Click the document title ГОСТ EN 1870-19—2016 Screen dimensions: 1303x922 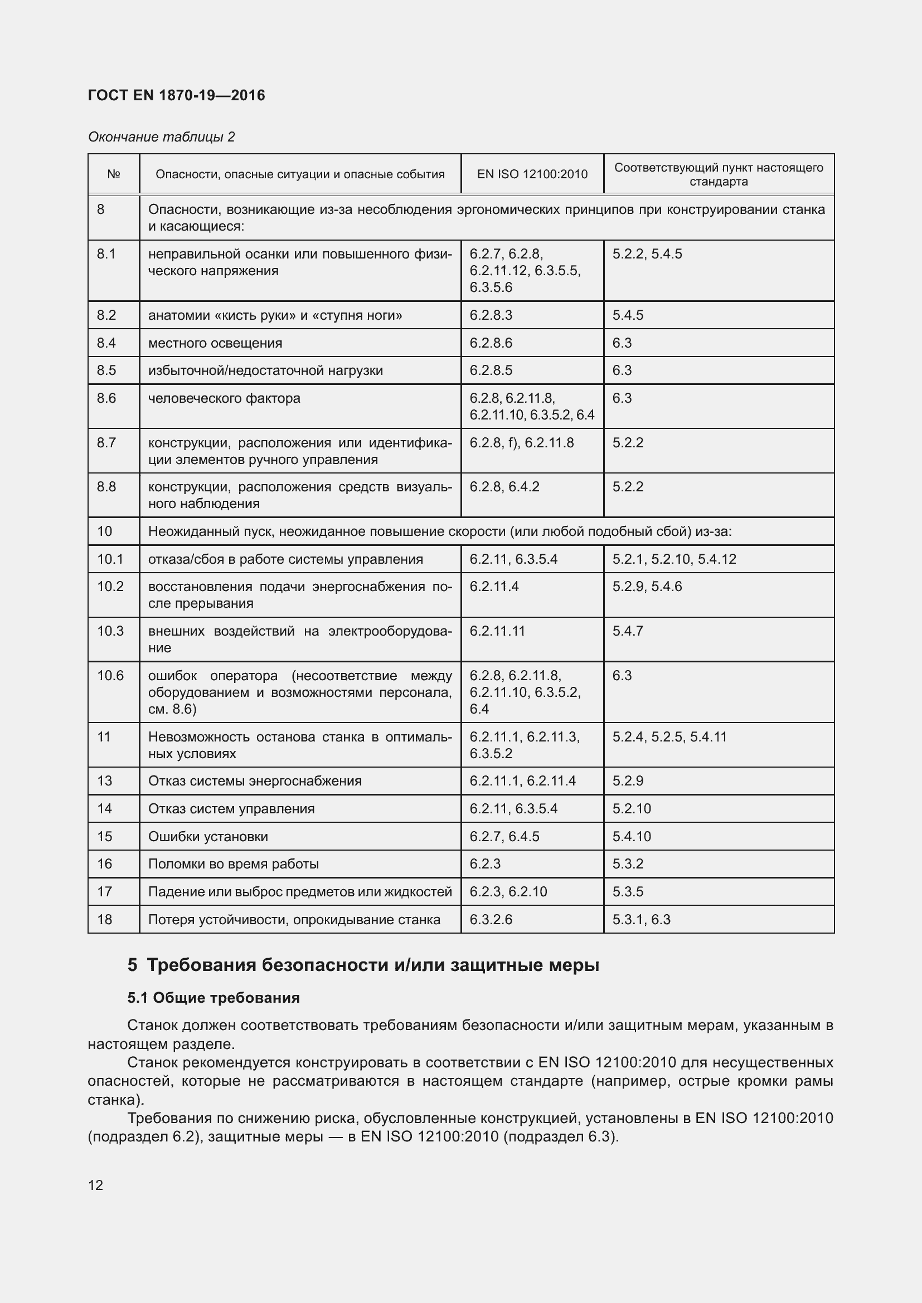pyautogui.click(x=177, y=95)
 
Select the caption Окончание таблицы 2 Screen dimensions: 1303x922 pyautogui.click(x=161, y=137)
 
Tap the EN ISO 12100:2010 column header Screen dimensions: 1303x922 pyautogui.click(x=532, y=174)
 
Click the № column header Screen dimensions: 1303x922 pyautogui.click(x=114, y=174)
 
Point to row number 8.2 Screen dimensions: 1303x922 pyautogui.click(x=106, y=315)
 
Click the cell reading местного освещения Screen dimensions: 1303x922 pyautogui.click(x=215, y=343)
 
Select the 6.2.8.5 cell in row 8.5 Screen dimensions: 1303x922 pyautogui.click(x=491, y=370)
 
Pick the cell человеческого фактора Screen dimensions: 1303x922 pyautogui.click(x=224, y=398)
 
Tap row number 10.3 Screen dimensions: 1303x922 pyautogui.click(x=110, y=631)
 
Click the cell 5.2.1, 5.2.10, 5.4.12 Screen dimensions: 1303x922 pyautogui.click(x=674, y=559)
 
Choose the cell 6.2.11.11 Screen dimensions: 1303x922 pyautogui.click(x=497, y=631)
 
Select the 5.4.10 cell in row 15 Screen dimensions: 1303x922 pyautogui.click(x=632, y=837)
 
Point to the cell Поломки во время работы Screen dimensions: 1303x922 pyautogui.click(x=234, y=864)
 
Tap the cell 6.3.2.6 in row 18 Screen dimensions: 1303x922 pyautogui.click(x=491, y=919)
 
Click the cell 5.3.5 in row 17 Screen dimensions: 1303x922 pyautogui.click(x=627, y=891)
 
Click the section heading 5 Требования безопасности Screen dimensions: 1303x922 pyautogui.click(x=363, y=965)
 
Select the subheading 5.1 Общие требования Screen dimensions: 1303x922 pyautogui.click(x=213, y=998)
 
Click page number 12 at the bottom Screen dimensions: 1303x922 pyautogui.click(x=95, y=1185)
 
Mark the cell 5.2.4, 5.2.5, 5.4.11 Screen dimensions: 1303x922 pyautogui.click(x=669, y=736)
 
